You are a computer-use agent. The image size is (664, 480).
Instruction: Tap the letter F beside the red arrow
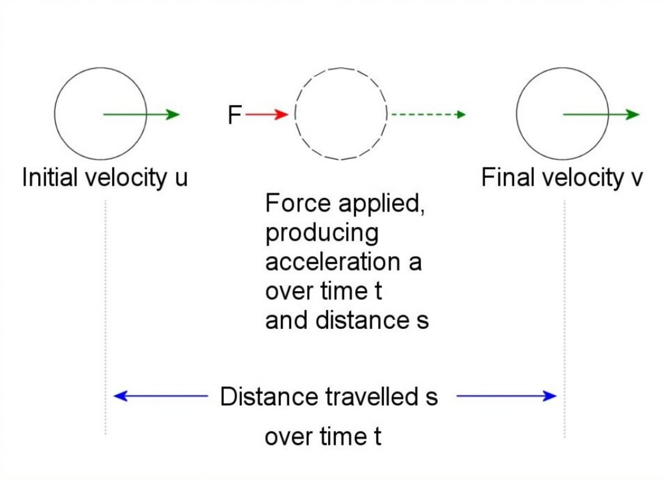235,115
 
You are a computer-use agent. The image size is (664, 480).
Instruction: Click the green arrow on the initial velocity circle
142,115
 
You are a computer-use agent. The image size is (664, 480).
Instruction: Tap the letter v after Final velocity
635,179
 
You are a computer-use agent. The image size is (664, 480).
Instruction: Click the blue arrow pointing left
160,396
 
